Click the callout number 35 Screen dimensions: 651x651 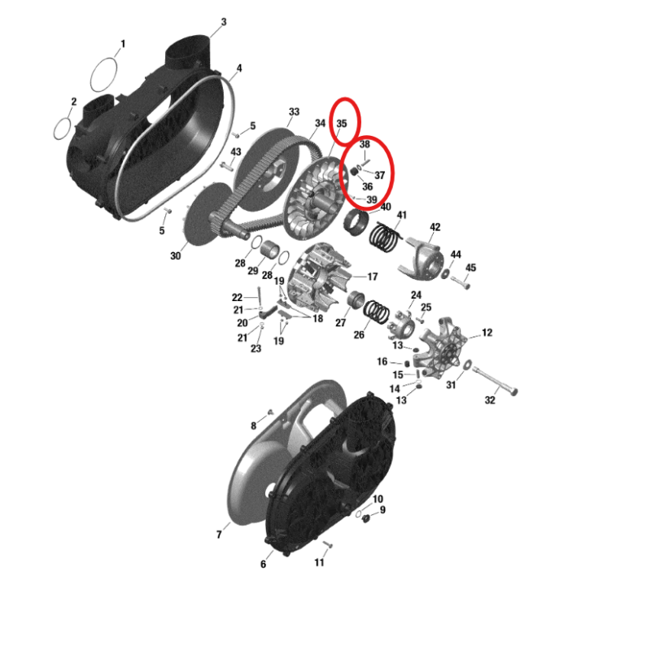point(342,124)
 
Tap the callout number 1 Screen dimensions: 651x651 point(123,44)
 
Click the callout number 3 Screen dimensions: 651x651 point(224,22)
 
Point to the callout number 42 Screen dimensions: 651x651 point(435,227)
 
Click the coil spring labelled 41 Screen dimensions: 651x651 point(385,237)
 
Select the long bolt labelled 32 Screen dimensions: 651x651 point(495,380)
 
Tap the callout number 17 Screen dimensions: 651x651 point(373,277)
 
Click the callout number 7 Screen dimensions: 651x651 point(219,535)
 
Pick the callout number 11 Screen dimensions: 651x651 point(319,562)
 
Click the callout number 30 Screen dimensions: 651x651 point(176,256)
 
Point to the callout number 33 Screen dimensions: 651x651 point(294,111)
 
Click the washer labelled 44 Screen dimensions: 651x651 point(445,273)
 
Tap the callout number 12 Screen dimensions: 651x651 point(487,333)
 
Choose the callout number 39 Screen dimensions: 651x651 point(372,199)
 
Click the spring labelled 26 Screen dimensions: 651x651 point(377,312)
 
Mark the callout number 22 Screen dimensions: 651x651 point(237,297)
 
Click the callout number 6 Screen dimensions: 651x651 point(263,564)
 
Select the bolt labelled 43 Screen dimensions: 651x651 point(225,166)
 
